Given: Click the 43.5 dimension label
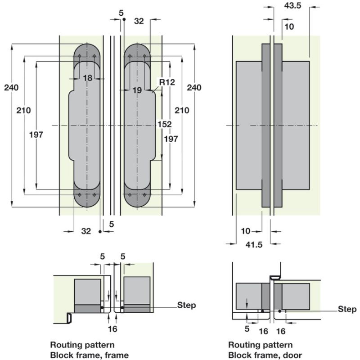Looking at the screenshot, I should (x=293, y=6).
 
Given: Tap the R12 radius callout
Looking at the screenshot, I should (x=166, y=82).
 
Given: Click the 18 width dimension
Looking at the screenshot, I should (x=87, y=78).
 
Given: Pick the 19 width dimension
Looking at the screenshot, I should (x=137, y=90).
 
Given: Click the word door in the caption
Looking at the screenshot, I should (x=293, y=355).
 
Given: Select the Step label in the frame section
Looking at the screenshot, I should (x=187, y=306).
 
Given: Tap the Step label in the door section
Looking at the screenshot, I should (x=347, y=309).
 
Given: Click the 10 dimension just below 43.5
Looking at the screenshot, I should (x=289, y=27).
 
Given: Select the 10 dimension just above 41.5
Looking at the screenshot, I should (x=245, y=231).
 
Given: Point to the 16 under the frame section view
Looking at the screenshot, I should (x=112, y=329).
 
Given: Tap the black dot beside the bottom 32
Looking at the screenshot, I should (x=100, y=231).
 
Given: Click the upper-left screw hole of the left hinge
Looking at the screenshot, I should (x=79, y=56).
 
